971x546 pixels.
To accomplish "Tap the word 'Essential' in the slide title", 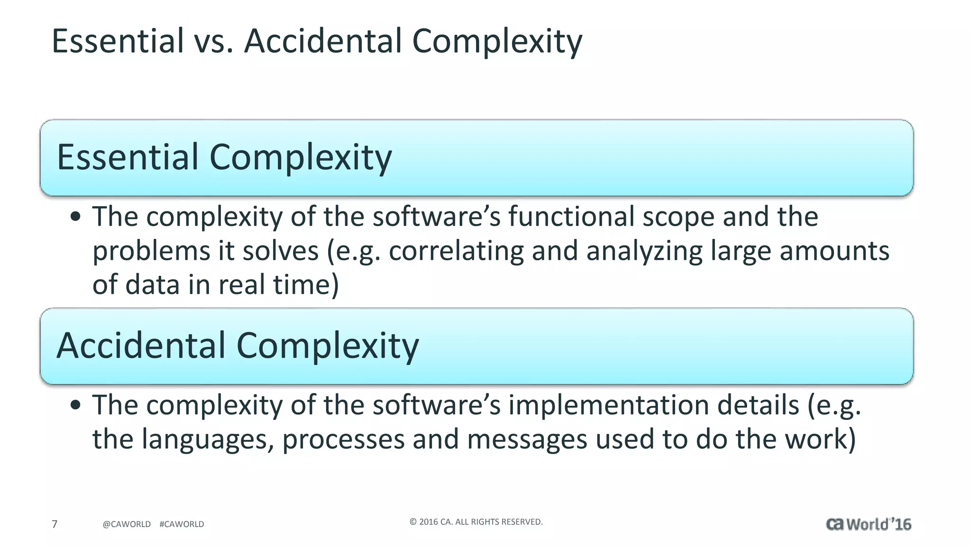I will pos(118,41).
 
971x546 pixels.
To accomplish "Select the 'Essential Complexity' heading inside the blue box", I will pos(224,157).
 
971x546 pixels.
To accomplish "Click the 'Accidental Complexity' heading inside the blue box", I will pos(238,346).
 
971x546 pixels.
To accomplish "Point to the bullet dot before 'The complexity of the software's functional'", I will pos(75,218).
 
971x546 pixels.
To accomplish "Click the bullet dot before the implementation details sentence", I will pos(75,406).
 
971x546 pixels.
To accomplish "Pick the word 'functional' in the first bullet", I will pos(571,217).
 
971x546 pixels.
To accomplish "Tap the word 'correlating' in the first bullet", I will pos(456,251).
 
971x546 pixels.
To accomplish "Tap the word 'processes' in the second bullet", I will pos(343,440).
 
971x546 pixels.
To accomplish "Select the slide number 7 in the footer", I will pos(55,524).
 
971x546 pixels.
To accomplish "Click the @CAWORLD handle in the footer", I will pos(127,524).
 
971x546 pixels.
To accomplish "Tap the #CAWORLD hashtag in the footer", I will pos(182,524).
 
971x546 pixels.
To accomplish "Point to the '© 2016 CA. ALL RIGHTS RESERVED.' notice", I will pos(476,522).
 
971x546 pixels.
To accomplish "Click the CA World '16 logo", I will pos(868,524).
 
